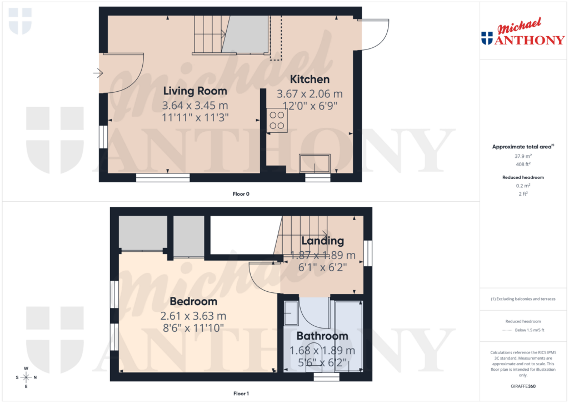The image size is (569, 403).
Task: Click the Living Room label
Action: [x=194, y=91]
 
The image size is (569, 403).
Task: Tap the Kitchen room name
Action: [x=310, y=79]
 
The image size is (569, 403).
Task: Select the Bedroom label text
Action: [x=193, y=301]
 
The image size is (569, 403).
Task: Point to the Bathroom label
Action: [x=322, y=336]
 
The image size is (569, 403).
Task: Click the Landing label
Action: [x=322, y=241]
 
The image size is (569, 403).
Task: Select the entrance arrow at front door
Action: [x=99, y=72]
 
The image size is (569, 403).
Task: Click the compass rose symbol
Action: [x=26, y=377]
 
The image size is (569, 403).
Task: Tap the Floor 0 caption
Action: [x=241, y=194]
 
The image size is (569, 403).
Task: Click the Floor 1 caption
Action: [x=241, y=394]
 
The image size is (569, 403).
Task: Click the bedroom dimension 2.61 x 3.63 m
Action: [x=193, y=316]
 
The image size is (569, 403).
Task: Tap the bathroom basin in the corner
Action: [x=290, y=314]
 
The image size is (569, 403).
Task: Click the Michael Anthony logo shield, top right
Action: [x=487, y=38]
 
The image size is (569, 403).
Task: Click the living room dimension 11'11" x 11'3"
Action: [x=194, y=117]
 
